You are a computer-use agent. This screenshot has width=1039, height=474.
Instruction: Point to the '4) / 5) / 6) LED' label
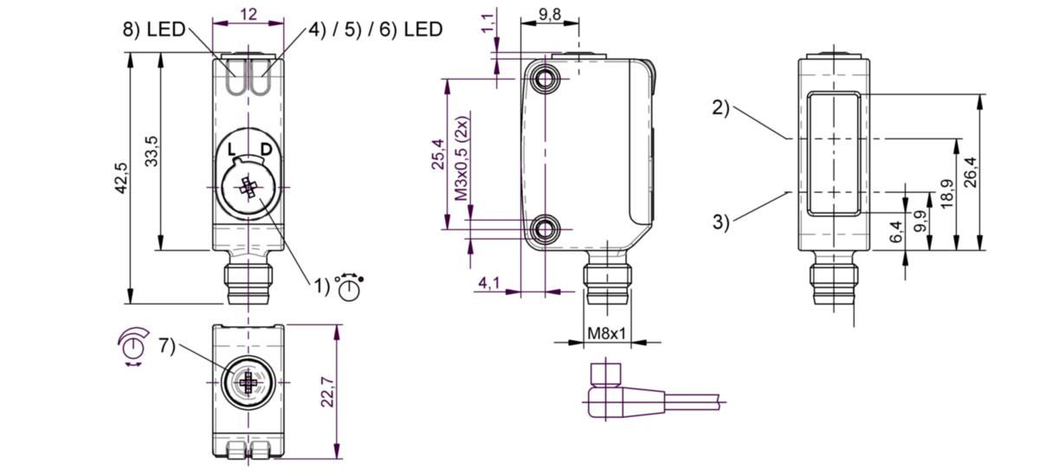(375, 29)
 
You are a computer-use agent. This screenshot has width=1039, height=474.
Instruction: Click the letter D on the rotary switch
(265, 150)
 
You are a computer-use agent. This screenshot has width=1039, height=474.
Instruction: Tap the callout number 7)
(166, 346)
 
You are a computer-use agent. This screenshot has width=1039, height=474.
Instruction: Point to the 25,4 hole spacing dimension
(437, 154)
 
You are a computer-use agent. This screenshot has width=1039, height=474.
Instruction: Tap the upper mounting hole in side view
(545, 80)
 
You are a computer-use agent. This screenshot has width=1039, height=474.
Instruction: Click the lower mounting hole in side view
(545, 229)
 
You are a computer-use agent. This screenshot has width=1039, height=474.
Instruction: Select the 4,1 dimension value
(489, 282)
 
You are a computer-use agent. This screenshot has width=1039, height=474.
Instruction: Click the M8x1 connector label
(606, 333)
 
